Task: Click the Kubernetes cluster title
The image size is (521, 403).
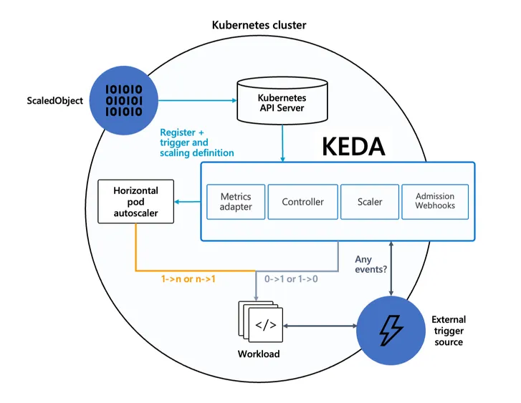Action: point(259,25)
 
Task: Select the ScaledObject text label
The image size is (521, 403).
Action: point(54,100)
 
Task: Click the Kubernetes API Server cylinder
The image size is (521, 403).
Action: point(282,102)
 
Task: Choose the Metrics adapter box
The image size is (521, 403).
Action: point(236,201)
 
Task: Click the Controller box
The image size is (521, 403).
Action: point(302,202)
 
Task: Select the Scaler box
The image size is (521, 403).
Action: point(369,202)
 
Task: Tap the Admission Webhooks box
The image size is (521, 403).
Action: point(435,201)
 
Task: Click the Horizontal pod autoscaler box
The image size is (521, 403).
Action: point(135,203)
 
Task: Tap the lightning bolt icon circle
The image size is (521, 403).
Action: point(391,329)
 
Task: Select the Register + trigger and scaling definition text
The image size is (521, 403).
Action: point(196,142)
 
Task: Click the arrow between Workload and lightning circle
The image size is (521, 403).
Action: point(320,325)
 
